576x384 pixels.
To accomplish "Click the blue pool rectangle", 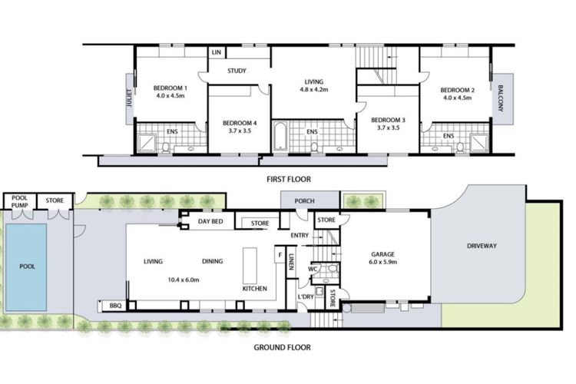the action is [26, 267].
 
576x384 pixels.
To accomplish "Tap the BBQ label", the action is [115, 306].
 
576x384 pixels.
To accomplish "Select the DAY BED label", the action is [210, 221].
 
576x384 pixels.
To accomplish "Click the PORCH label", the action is [305, 201].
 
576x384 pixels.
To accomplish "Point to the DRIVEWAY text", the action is [482, 246].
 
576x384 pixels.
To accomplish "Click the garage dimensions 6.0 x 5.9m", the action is [382, 262].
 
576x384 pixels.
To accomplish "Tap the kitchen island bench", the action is [250, 265].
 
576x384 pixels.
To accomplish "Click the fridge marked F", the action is [280, 255].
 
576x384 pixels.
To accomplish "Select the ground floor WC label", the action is [313, 270].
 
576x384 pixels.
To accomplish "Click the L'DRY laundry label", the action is [306, 296].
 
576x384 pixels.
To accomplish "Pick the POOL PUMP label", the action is [19, 201].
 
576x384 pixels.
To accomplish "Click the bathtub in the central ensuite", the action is [280, 137].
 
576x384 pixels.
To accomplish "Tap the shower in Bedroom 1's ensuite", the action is [146, 144].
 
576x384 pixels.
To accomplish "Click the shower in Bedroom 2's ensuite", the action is [479, 144].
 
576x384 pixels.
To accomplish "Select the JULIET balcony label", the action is [129, 98].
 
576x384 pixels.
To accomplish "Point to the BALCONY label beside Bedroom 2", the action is [501, 98].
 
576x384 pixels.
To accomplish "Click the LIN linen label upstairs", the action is [217, 52].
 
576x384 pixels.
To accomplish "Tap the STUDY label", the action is [237, 71].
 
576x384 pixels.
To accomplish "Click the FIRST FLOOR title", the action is [289, 179].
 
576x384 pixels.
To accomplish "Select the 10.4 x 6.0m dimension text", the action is [184, 280].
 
